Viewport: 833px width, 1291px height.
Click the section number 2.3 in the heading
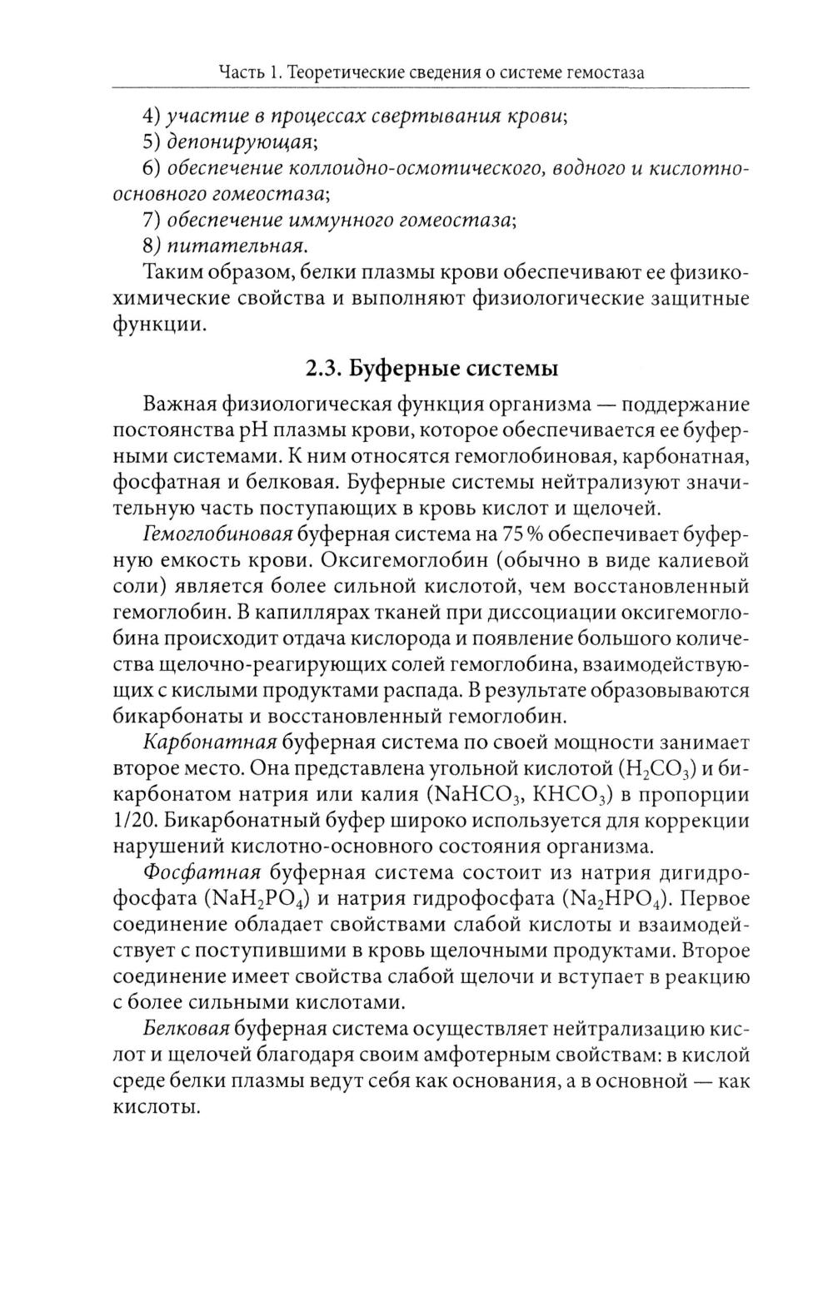(321, 368)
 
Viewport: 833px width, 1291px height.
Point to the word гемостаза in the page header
(606, 73)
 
